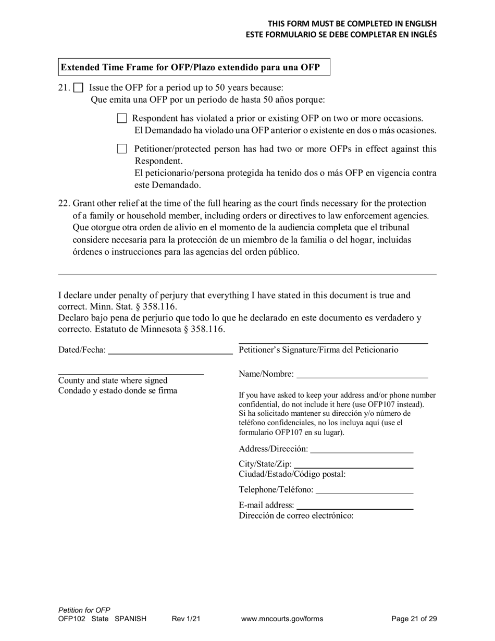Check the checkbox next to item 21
pyautogui.click(x=78, y=88)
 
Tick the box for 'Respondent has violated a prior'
pyautogui.click(x=122, y=118)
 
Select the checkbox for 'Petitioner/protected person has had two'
pyautogui.click(x=122, y=149)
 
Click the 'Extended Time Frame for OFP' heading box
pyautogui.click(x=194, y=67)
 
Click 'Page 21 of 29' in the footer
pyautogui.click(x=414, y=619)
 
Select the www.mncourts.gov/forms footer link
pyautogui.click(x=282, y=619)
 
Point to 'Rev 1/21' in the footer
pyautogui.click(x=186, y=619)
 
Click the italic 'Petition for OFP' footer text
pyautogui.click(x=84, y=610)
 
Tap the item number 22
pyautogui.click(x=64, y=203)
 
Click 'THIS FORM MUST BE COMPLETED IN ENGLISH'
pyautogui.click(x=352, y=24)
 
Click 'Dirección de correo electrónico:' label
pyautogui.click(x=296, y=516)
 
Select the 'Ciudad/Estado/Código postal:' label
pyautogui.click(x=292, y=474)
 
